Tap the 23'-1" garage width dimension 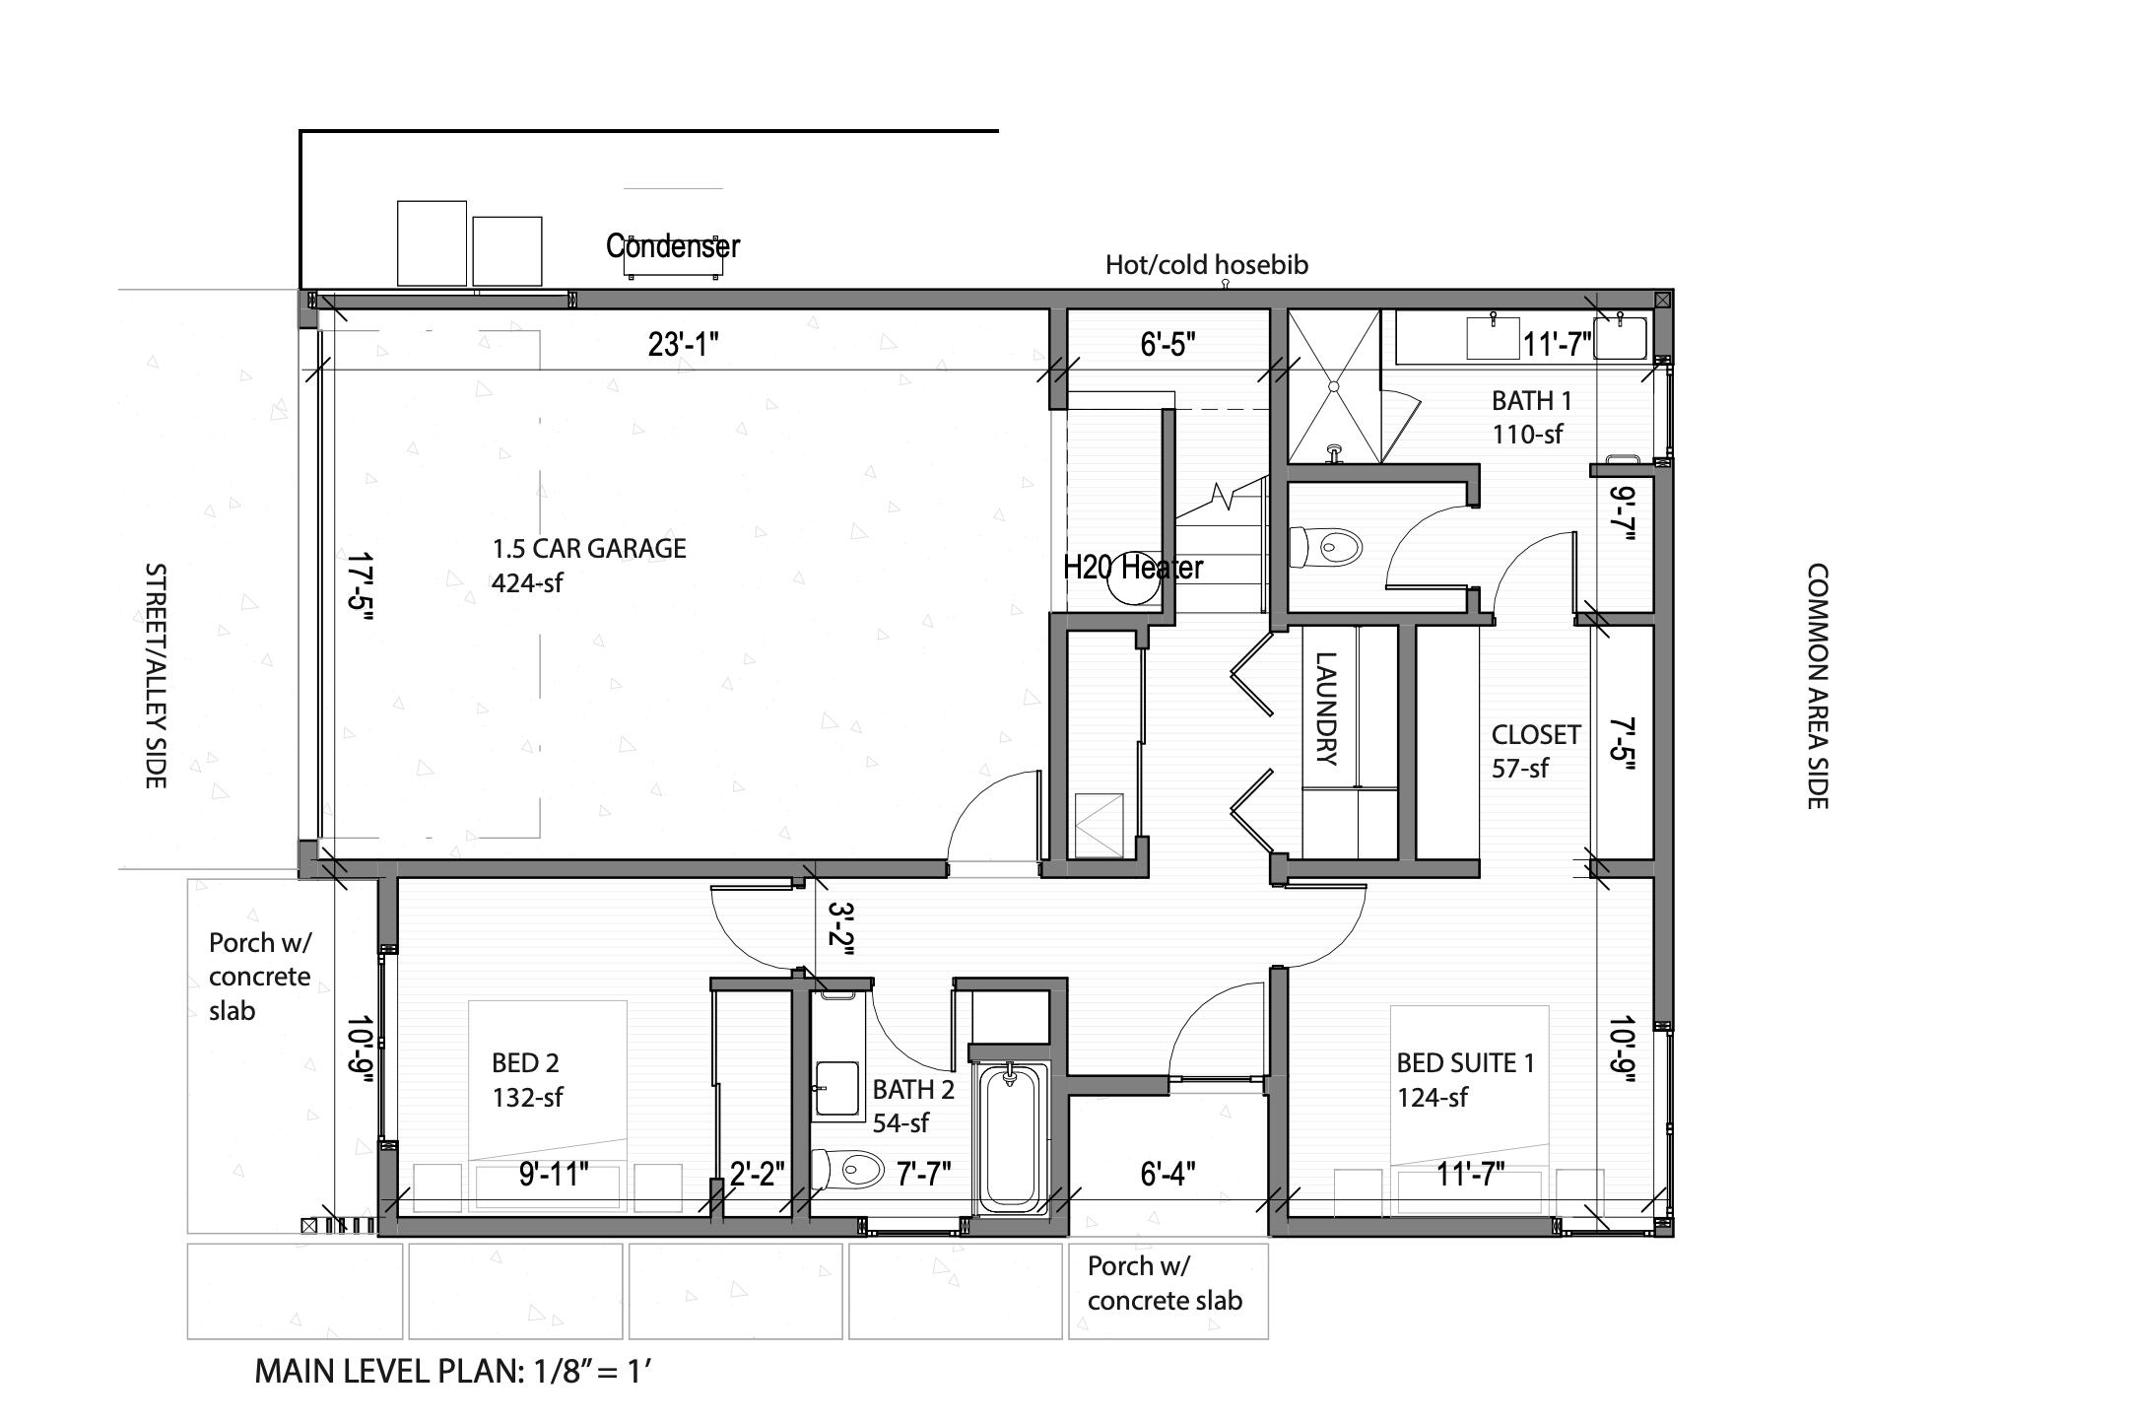coord(683,345)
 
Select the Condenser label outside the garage coord(672,246)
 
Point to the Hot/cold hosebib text coord(1206,265)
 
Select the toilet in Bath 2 coord(849,1170)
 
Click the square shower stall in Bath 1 coord(1334,386)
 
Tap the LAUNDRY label coord(1326,710)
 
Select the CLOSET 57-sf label coord(1534,751)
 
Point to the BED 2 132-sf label coord(526,1079)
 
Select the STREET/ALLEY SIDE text coord(155,676)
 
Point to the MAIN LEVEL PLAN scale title coord(453,1371)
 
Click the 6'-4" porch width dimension coord(1167,1174)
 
